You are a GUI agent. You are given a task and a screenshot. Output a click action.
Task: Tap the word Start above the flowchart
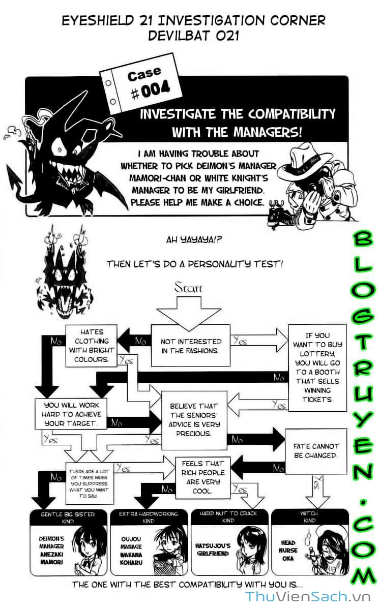click(x=188, y=288)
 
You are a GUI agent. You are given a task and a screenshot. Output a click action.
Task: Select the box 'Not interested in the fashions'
click(x=191, y=346)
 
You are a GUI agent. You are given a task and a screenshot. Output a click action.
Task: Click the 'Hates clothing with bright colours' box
click(x=91, y=346)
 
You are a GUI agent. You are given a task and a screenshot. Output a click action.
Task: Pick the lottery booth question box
click(x=318, y=368)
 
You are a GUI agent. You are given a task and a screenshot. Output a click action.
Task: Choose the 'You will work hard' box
click(x=71, y=413)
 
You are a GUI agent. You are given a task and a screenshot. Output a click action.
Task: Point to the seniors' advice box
click(x=193, y=419)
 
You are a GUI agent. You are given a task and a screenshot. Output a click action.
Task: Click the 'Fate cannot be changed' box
click(x=315, y=451)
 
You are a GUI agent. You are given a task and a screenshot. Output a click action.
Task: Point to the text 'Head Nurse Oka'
click(x=287, y=550)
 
